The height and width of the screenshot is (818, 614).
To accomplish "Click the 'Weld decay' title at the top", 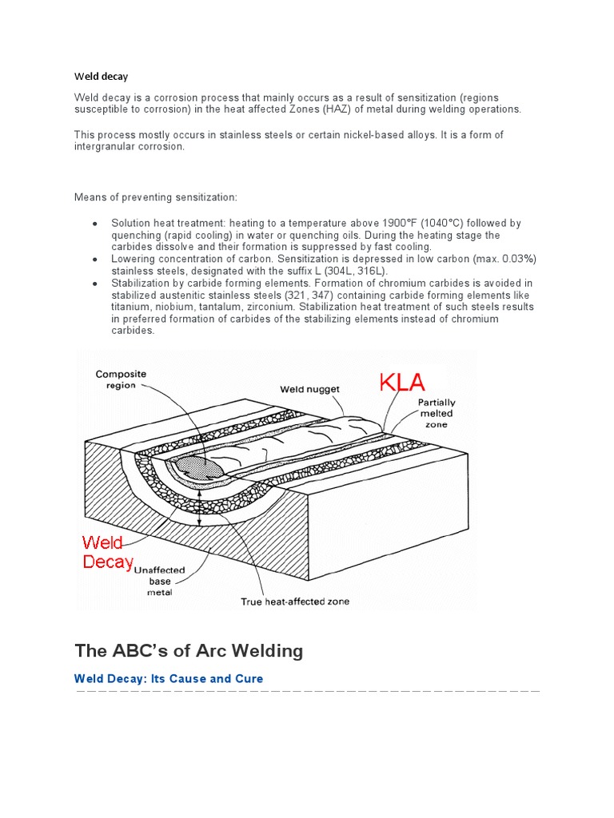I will [102, 77].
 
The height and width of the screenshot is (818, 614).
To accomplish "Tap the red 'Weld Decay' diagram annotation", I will [108, 552].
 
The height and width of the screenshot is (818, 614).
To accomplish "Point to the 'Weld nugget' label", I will [309, 389].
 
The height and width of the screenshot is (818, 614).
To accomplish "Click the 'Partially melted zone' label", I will [437, 414].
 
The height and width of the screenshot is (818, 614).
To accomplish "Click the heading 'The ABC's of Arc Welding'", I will [189, 650].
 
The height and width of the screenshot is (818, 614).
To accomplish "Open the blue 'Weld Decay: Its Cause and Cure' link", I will [169, 678].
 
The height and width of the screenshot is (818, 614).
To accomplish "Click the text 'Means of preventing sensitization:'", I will [155, 197].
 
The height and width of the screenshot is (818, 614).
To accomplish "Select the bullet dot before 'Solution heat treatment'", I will [95, 224].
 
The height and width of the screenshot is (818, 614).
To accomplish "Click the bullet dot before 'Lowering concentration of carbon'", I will [95, 260].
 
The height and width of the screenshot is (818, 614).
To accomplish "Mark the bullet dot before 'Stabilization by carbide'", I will [95, 284].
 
